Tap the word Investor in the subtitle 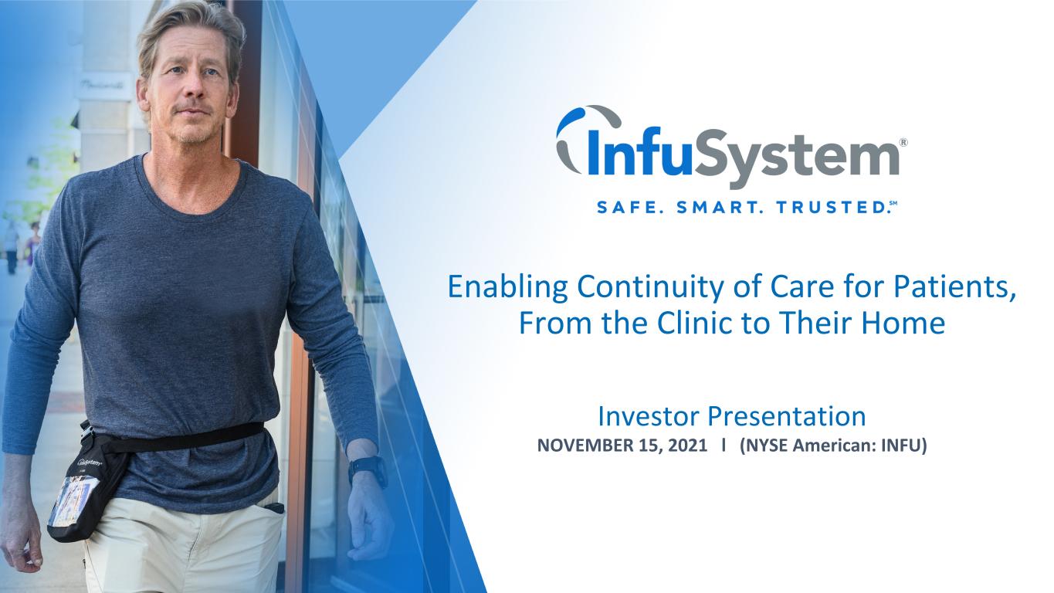click(x=649, y=416)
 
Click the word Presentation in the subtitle click(x=786, y=416)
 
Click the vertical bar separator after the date click(x=724, y=445)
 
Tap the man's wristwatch click(x=368, y=469)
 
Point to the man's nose click(x=194, y=90)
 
